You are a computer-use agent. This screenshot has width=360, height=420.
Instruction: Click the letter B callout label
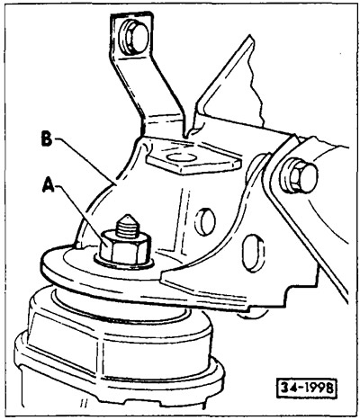(47, 140)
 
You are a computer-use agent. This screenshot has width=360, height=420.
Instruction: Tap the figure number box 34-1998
(306, 389)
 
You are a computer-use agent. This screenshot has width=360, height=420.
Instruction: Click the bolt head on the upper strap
(134, 38)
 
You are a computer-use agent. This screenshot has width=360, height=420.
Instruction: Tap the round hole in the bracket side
(205, 222)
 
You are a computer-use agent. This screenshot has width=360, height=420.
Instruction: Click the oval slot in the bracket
(254, 253)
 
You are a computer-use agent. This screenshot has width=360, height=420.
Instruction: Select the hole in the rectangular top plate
(182, 157)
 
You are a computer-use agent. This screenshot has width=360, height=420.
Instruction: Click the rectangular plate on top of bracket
(193, 159)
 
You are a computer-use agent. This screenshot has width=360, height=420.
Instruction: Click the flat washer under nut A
(124, 263)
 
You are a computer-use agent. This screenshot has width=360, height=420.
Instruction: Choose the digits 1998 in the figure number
(318, 389)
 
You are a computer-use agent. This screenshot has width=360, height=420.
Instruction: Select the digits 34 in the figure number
(288, 389)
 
